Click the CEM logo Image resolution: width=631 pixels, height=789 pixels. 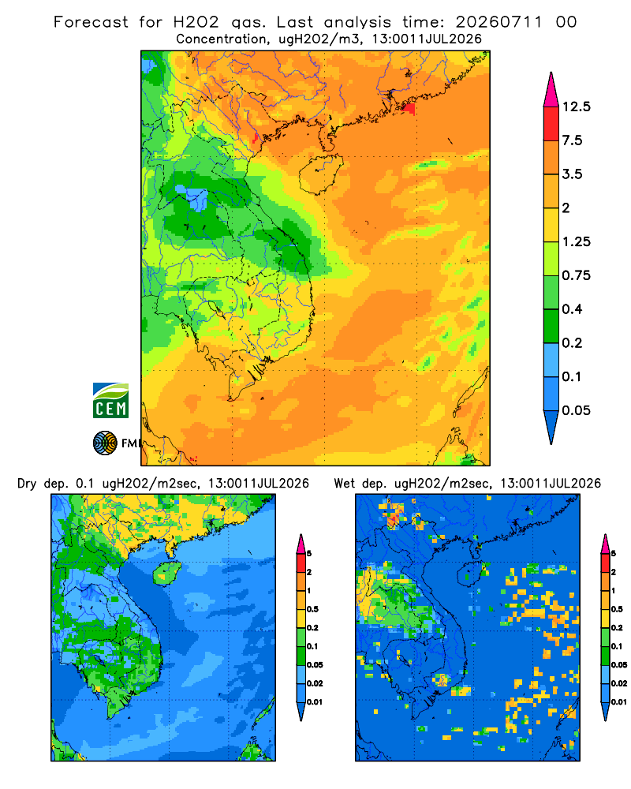click(x=110, y=400)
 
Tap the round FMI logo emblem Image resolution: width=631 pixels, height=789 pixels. click(x=105, y=443)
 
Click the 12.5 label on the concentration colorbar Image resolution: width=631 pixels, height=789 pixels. click(x=577, y=107)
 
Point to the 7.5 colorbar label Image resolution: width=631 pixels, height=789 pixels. click(x=572, y=140)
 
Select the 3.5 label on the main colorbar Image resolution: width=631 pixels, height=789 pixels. click(x=572, y=174)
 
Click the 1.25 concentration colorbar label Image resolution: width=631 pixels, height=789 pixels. click(x=577, y=241)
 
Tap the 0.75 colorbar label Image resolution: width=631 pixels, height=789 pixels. click(x=577, y=275)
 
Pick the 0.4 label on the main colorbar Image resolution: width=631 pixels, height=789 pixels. click(x=572, y=309)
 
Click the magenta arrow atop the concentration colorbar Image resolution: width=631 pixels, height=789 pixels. click(x=551, y=92)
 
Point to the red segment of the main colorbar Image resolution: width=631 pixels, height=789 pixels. click(x=551, y=124)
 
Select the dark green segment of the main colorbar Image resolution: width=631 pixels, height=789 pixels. click(x=551, y=326)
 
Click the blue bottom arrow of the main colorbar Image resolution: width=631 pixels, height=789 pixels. click(x=551, y=426)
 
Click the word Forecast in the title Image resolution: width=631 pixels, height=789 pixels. click(x=91, y=22)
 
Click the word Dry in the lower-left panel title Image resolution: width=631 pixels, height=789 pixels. click(x=27, y=484)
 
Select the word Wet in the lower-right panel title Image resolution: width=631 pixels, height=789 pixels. click(x=345, y=484)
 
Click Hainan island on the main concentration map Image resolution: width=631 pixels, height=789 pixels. click(x=320, y=174)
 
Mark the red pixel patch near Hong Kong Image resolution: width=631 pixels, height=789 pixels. click(x=409, y=108)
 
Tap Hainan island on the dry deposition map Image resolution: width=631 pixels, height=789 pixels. click(x=166, y=573)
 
